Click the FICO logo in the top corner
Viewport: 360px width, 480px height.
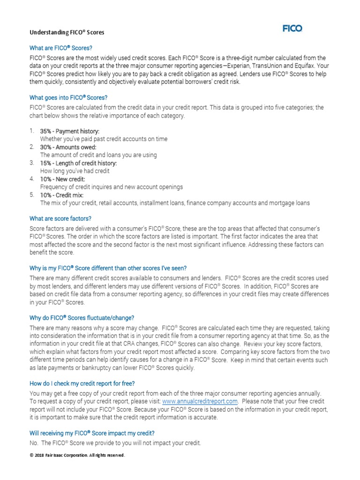[292, 29]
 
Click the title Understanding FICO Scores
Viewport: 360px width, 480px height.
[67, 33]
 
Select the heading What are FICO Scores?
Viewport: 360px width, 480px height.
[61, 48]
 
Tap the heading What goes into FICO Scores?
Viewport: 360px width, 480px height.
[68, 98]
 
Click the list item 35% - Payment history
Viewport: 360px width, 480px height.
[70, 131]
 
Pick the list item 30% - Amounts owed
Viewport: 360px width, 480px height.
[68, 147]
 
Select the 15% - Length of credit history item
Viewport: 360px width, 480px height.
[78, 163]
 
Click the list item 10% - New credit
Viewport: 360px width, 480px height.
[63, 179]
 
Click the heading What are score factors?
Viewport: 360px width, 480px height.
[60, 218]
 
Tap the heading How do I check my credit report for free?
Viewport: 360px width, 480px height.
[82, 383]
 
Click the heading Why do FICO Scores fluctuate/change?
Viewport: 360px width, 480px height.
[82, 318]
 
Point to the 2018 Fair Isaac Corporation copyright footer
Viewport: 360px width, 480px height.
[77, 455]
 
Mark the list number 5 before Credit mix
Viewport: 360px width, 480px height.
[31, 195]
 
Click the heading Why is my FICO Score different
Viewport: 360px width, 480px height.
[108, 268]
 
